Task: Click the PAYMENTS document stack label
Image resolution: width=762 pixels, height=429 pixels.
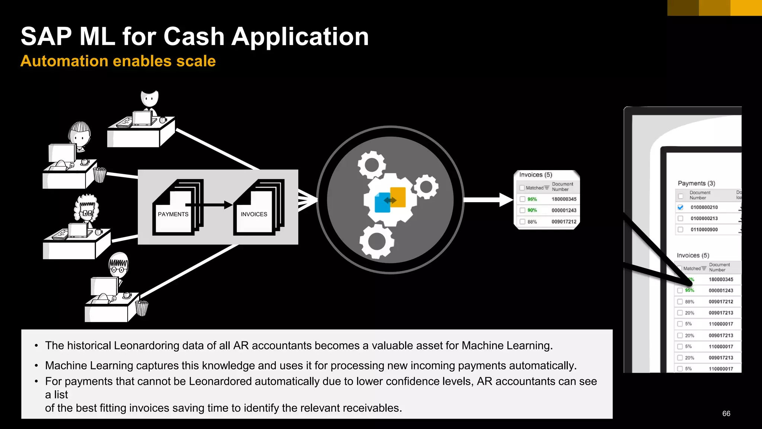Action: tap(173, 214)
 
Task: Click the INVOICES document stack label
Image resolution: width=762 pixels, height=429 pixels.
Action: tap(254, 214)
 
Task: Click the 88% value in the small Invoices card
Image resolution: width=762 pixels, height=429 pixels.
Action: tap(532, 222)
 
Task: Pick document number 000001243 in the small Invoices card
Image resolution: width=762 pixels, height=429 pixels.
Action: tap(564, 210)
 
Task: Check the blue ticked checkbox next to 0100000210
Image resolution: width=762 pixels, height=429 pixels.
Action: tap(681, 207)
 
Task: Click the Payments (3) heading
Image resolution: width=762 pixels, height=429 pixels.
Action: tap(696, 183)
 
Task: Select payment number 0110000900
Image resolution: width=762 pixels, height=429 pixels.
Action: tap(704, 230)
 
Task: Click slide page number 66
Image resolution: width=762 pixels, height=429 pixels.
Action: tap(726, 413)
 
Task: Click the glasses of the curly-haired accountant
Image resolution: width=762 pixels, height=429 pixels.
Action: tap(87, 213)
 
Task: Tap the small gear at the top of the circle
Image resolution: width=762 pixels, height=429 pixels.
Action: tap(371, 164)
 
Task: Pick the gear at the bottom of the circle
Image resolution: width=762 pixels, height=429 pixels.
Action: tap(377, 242)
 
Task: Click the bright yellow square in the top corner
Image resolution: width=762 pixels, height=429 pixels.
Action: tap(746, 7)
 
